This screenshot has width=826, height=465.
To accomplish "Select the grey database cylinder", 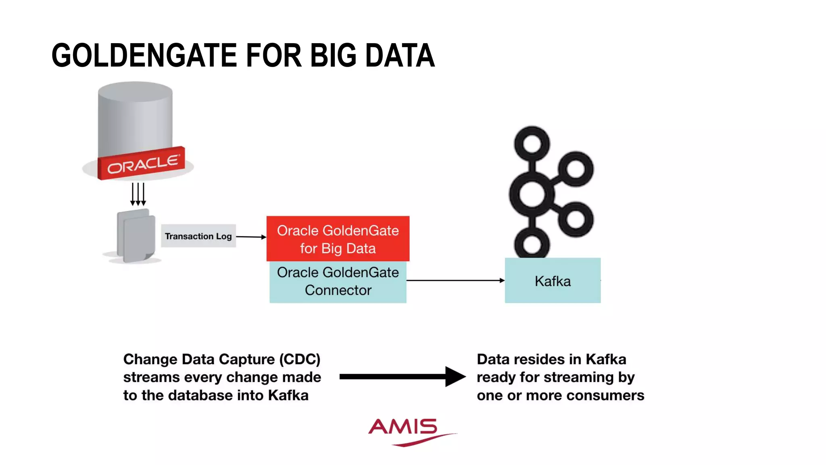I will tap(135, 117).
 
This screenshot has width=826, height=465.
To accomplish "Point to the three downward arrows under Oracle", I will tap(138, 194).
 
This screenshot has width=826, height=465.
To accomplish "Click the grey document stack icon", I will tap(136, 236).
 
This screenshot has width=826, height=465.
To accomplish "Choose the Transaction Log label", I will tap(198, 236).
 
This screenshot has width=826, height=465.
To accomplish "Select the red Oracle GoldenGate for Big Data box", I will tap(338, 239).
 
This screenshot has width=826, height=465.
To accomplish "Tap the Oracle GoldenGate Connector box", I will tap(338, 282).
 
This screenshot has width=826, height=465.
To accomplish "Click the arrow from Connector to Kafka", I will tap(455, 280).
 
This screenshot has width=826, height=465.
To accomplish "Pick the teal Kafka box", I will tap(553, 281).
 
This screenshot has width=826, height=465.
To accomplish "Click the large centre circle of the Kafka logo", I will tap(532, 194).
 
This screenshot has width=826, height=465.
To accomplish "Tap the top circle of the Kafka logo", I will tap(532, 144).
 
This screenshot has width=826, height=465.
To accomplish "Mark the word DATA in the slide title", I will tap(400, 55).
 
